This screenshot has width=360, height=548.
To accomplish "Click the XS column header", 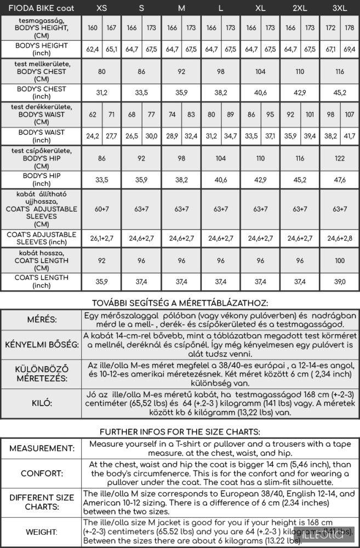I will click(102, 8).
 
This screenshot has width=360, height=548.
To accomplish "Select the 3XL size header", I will click(340, 8).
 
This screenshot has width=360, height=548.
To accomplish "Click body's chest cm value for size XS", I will click(102, 72).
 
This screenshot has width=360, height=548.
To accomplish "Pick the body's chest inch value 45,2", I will click(340, 93).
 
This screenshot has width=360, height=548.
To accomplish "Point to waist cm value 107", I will click(349, 115).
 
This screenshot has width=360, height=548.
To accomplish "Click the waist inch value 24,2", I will click(93, 136).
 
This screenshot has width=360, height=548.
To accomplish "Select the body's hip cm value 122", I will click(340, 158).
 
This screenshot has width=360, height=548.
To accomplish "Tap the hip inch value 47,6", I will click(340, 180).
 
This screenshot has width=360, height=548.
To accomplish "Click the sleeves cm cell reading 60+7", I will click(102, 209).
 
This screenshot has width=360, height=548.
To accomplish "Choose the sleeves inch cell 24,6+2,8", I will click(340, 238).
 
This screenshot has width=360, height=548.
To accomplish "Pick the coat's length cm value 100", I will click(340, 261).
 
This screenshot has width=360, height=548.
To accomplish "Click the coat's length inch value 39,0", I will click(340, 282).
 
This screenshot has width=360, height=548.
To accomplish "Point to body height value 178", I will click(349, 28).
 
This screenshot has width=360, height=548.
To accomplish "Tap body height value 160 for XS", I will click(93, 28).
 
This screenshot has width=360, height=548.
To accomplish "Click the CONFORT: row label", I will click(42, 473).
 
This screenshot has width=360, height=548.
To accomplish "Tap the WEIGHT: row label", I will click(42, 532).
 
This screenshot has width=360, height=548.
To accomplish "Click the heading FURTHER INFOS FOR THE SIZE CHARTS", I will click(180, 432).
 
